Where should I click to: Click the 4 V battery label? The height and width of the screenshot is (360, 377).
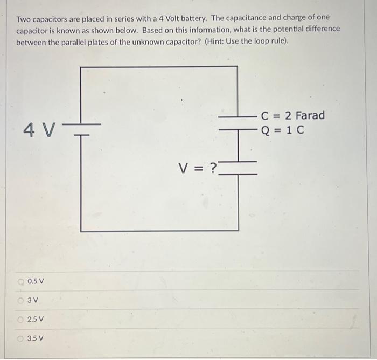39,130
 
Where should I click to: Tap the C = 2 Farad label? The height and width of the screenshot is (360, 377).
292,115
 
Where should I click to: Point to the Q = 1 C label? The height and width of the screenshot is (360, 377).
282,130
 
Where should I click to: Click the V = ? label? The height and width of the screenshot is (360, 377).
198,169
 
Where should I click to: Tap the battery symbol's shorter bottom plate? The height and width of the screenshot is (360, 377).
81,135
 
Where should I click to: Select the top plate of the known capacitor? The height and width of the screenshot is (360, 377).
238,116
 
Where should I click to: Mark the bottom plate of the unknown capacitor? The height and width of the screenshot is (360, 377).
238,174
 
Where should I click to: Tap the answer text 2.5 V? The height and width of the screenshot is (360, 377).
36,320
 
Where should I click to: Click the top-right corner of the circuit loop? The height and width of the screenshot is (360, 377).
238,67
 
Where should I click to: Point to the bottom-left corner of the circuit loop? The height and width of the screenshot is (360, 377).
81,231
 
